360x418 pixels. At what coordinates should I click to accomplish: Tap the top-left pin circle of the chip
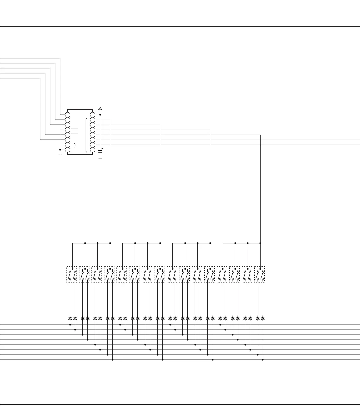click(x=68, y=115)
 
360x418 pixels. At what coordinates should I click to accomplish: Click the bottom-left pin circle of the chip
click(x=68, y=150)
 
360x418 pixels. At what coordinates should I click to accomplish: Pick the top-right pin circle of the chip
click(x=93, y=115)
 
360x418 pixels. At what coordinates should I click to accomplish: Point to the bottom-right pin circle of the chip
click(x=93, y=150)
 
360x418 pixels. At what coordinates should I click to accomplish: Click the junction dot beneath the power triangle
click(x=100, y=115)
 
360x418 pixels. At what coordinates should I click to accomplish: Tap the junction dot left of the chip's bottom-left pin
click(x=60, y=150)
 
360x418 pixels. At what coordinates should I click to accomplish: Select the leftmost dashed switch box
click(x=72, y=274)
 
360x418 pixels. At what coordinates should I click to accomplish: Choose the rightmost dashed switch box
click(x=259, y=274)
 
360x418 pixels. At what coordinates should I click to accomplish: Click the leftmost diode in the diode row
click(x=70, y=318)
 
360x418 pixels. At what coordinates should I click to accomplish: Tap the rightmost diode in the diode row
click(x=263, y=318)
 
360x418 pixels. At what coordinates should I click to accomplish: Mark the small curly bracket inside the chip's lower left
click(x=75, y=145)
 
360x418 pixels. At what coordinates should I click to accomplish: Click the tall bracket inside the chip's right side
click(x=86, y=135)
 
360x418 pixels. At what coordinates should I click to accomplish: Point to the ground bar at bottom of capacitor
click(x=100, y=158)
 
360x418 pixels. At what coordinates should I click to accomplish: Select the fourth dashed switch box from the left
click(x=109, y=274)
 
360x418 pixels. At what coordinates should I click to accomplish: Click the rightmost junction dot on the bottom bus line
click(x=263, y=360)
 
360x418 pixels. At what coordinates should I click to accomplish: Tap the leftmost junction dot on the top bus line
click(x=70, y=325)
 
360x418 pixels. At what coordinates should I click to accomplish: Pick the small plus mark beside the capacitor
click(x=102, y=148)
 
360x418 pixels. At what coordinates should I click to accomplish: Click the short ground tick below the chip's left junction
click(x=60, y=154)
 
